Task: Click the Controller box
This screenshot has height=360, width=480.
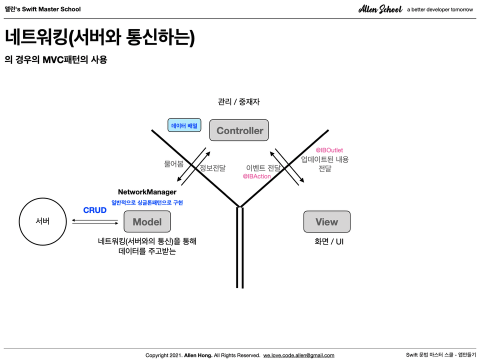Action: [x=239, y=130]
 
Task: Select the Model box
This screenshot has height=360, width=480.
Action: [x=147, y=221]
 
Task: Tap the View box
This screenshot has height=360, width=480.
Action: [x=326, y=221]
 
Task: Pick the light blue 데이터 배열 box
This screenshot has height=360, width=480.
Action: [x=184, y=125]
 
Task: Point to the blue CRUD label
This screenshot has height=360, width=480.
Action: [x=95, y=210]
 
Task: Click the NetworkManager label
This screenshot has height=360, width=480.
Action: [x=147, y=192]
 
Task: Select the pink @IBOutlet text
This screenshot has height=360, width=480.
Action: [x=329, y=150]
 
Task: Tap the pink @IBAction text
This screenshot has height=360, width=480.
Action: [x=256, y=176]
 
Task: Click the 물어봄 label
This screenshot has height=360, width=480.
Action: [x=173, y=164]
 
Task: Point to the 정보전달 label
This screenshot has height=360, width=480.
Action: [x=212, y=168]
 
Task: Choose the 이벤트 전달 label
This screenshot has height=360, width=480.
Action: [x=263, y=168]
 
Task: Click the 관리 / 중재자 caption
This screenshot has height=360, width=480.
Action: [x=238, y=101]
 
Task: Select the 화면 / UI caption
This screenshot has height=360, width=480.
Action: [x=329, y=241]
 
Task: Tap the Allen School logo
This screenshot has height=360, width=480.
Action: [x=380, y=9]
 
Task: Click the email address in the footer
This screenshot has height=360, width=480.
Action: [x=299, y=355]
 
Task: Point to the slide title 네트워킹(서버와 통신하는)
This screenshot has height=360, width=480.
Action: [x=100, y=37]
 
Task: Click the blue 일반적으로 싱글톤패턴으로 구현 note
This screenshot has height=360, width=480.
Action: [x=147, y=202]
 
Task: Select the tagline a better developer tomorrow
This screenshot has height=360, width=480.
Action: [x=440, y=9]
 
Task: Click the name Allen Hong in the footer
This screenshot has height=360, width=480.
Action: [x=198, y=355]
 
